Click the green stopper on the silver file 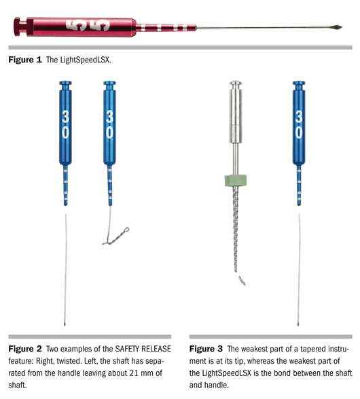[236, 180]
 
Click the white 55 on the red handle [88, 26]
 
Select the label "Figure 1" [24, 60]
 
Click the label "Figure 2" [24, 349]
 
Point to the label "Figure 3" [206, 349]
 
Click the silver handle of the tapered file [236, 112]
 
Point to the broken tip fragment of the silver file [242, 280]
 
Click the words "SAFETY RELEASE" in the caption [143, 349]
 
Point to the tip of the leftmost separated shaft [65, 324]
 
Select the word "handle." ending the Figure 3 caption [216, 385]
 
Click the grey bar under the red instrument [180, 47]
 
